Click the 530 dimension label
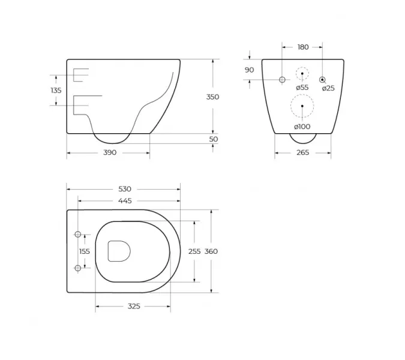tap(125, 189)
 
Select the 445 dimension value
tap(125, 200)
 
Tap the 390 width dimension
tap(110, 152)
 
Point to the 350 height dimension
tap(212, 97)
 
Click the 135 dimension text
tap(56, 91)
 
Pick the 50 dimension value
tap(214, 139)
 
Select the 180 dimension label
tap(303, 47)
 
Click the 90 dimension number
tap(249, 70)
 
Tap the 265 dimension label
tap(303, 152)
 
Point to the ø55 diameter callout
tap(302, 88)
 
